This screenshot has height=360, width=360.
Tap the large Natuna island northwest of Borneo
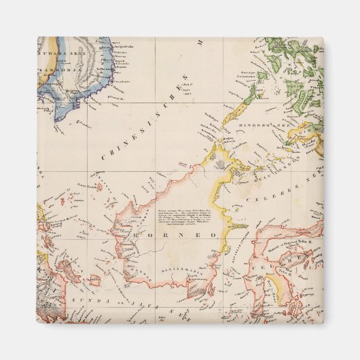99,186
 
